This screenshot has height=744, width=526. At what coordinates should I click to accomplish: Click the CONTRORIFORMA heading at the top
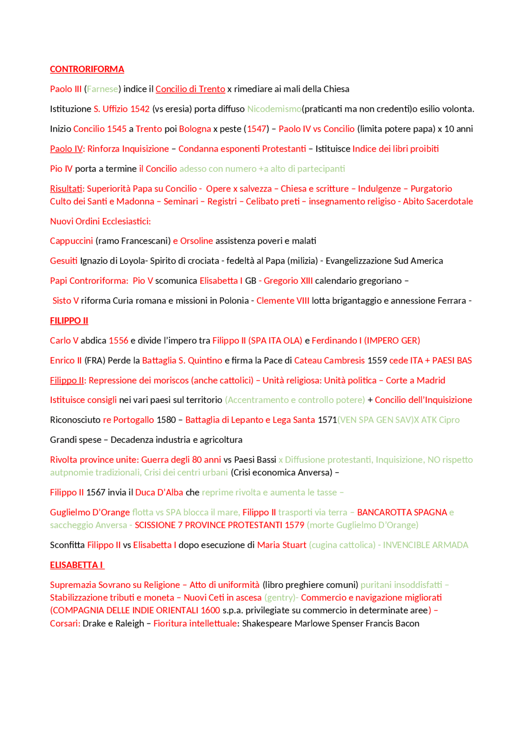click(87, 69)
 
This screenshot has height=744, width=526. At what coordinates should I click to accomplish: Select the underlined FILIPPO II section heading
click(69, 320)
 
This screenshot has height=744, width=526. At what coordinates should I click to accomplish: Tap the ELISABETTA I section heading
click(77, 565)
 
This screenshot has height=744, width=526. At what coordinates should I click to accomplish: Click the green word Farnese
click(102, 89)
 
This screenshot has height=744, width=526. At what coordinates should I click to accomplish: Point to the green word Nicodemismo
click(274, 109)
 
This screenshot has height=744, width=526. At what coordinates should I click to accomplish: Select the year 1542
click(140, 109)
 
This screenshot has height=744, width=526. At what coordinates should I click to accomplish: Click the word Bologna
click(195, 129)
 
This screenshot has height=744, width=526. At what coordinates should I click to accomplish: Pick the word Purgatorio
click(431, 189)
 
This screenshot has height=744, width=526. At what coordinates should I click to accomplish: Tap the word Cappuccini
click(72, 241)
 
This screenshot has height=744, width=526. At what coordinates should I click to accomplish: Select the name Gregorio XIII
click(288, 281)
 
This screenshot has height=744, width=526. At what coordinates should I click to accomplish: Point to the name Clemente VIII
click(283, 301)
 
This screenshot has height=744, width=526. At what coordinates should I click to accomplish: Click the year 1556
click(118, 341)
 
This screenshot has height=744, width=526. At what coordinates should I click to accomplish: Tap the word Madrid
click(431, 380)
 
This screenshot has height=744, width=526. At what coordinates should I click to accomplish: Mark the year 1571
click(327, 420)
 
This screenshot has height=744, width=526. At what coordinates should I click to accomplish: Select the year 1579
click(294, 525)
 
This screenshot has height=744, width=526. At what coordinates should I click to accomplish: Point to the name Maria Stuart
click(281, 545)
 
